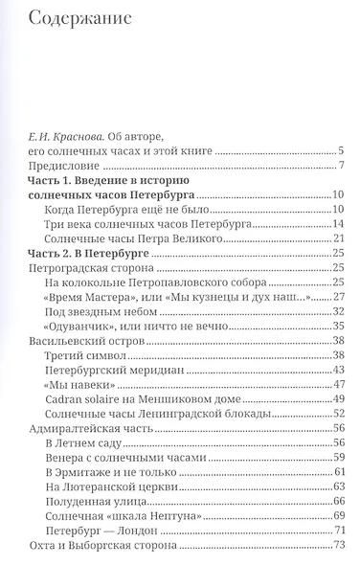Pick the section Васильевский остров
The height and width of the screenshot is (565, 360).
pyautogui.click(x=80, y=342)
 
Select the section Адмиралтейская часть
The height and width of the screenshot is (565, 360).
pyautogui.click(x=85, y=431)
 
